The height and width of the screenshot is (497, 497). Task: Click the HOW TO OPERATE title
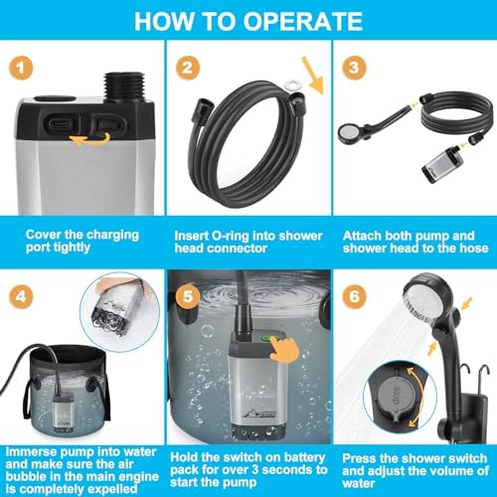coord(248,20)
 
